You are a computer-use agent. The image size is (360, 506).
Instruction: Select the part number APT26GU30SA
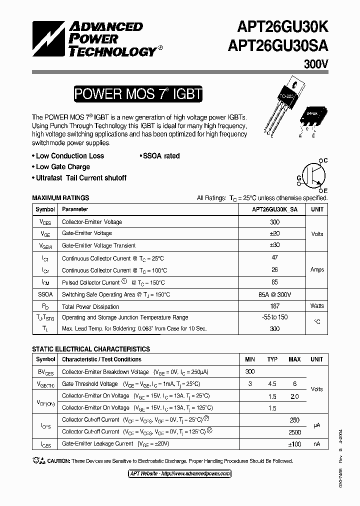pos(277,46)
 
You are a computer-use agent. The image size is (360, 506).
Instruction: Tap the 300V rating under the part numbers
pos(315,64)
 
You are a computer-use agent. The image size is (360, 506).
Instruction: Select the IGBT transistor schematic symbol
pos(313,175)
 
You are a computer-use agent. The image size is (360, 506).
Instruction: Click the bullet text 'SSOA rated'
pos(159,156)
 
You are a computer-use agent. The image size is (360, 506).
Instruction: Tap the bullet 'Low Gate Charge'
pos(61,167)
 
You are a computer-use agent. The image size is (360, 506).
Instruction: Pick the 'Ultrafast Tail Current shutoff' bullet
pos(79,178)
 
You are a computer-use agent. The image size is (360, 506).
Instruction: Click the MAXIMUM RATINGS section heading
pos(60,198)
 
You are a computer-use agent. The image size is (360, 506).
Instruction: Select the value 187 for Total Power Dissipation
pos(274,306)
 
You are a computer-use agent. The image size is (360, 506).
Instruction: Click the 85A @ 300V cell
pos(274,294)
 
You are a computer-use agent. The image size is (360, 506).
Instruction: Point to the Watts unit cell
pos(317,306)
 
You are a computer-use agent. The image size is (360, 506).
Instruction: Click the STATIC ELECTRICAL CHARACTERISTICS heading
pos(90,349)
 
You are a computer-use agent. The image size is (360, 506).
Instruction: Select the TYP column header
pos(272,359)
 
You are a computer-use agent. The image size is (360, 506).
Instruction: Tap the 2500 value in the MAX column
pos(294,432)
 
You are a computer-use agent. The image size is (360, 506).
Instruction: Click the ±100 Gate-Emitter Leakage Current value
pos(294,444)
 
